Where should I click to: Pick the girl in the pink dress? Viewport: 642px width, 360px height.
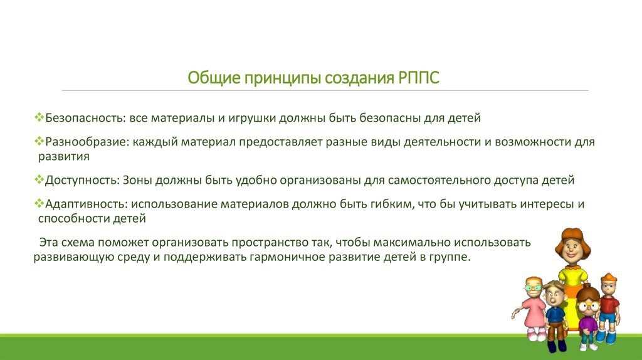(x=532, y=307)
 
